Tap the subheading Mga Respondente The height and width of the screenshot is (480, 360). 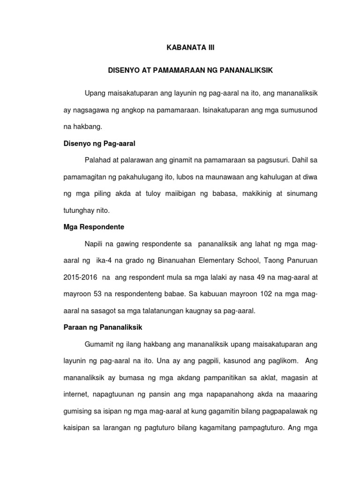[94, 227]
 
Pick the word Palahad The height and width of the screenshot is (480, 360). [97, 160]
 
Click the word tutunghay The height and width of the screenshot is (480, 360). [79, 211]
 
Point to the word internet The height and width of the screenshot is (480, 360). [76, 395]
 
